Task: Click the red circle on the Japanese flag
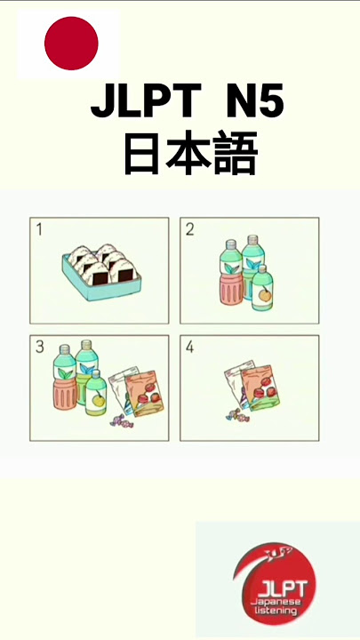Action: (x=71, y=44)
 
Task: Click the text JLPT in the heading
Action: (x=146, y=100)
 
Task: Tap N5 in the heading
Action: (x=255, y=100)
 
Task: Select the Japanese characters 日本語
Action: (x=190, y=153)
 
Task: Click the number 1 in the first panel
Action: (x=39, y=230)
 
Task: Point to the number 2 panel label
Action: (x=190, y=230)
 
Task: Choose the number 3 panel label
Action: (x=40, y=347)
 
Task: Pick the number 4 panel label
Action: (x=190, y=348)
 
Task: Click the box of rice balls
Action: (x=101, y=272)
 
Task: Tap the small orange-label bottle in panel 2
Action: (x=262, y=288)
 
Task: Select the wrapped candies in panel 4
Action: (x=237, y=415)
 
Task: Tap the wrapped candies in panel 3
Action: (x=121, y=420)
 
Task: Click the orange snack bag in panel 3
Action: (x=145, y=394)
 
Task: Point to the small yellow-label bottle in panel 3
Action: (x=96, y=393)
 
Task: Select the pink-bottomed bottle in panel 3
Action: (x=65, y=377)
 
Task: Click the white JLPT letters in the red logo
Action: (x=282, y=590)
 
